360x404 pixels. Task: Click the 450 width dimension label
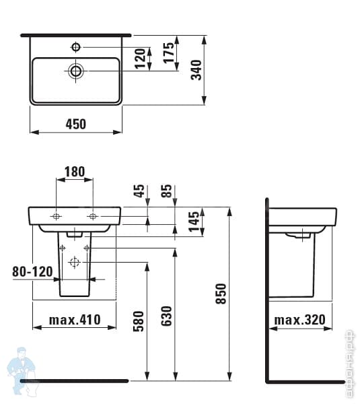click(x=76, y=123)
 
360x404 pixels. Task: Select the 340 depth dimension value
click(x=196, y=69)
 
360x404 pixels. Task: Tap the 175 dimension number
click(x=169, y=51)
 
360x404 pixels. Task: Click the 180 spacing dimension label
click(x=74, y=172)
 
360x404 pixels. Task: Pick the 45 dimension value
click(x=139, y=191)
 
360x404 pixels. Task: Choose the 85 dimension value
click(x=168, y=191)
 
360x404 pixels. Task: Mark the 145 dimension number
click(x=194, y=221)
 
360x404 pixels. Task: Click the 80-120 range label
click(x=33, y=272)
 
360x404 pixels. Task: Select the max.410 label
click(x=75, y=320)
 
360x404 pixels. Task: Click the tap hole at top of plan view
click(x=76, y=47)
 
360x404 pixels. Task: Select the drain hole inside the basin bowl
click(x=76, y=70)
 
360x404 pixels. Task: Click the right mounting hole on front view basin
click(x=92, y=216)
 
